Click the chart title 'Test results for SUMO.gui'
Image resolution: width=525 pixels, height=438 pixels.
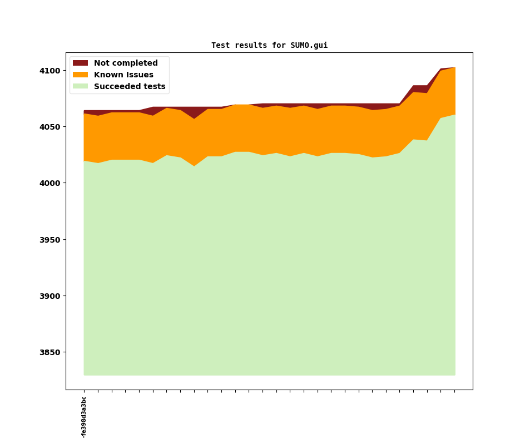(x=269, y=46)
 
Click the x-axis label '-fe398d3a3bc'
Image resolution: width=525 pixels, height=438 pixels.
(x=84, y=417)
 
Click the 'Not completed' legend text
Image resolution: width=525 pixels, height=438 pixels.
(x=126, y=63)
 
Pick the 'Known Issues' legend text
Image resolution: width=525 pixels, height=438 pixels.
(x=123, y=75)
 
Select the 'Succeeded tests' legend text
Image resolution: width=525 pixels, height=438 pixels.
(x=130, y=87)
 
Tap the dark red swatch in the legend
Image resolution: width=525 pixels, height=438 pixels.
(x=80, y=63)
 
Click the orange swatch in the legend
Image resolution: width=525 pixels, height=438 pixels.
(x=80, y=75)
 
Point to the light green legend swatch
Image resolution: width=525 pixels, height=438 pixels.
(x=80, y=87)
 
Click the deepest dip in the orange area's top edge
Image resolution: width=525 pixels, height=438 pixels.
(x=194, y=119)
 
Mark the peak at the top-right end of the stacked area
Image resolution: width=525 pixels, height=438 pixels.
(x=455, y=67)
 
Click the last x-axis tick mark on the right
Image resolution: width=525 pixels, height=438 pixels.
(x=455, y=391)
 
